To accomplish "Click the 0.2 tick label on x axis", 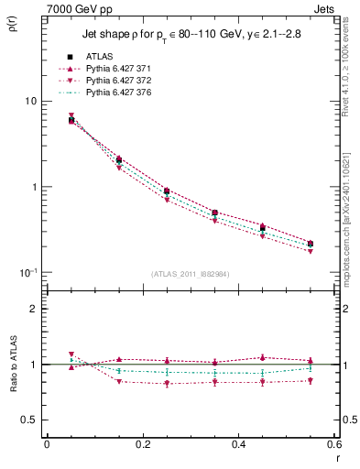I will [x=142, y=444].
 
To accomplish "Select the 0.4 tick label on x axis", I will [x=238, y=444].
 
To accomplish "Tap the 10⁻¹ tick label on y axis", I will [x=28, y=272].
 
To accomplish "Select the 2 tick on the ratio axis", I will [x=34, y=309].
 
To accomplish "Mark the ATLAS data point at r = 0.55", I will [x=311, y=244].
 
